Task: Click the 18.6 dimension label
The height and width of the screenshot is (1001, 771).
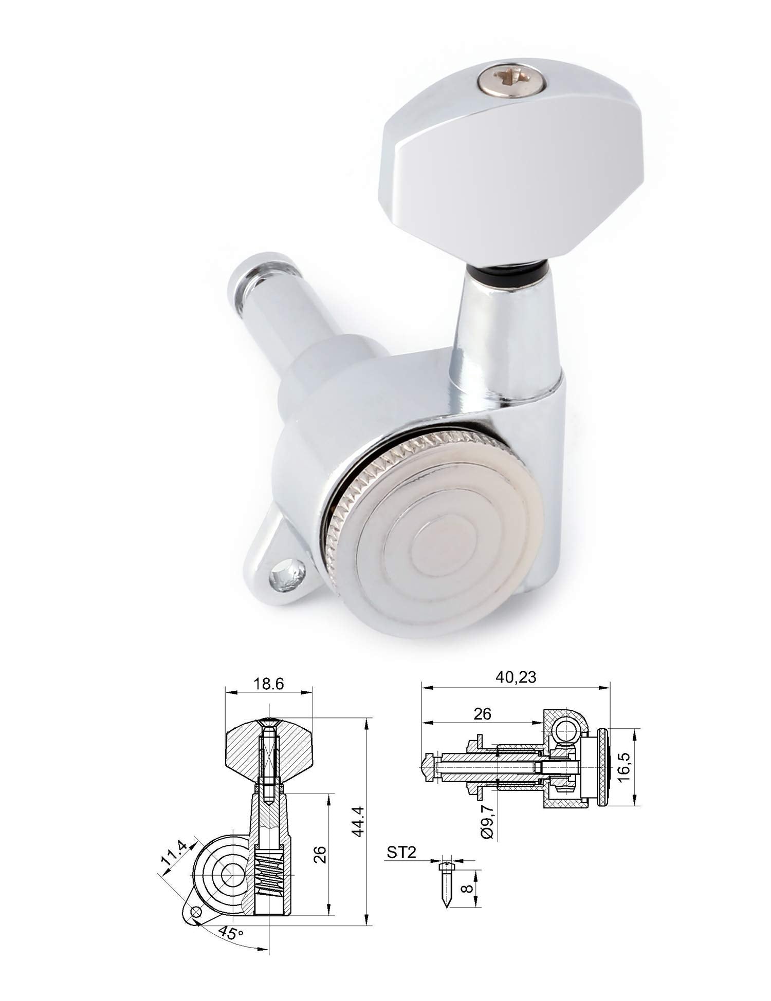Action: click(x=269, y=684)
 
